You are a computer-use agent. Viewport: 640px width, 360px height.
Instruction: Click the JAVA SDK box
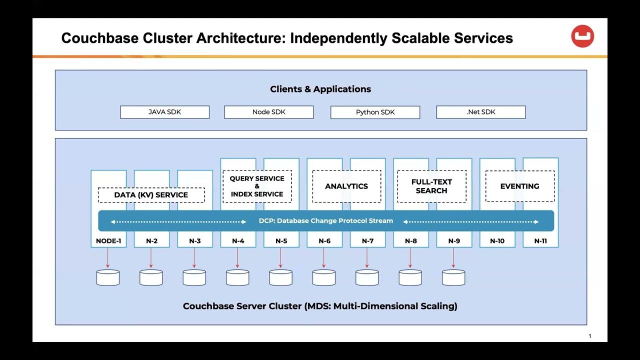pyautogui.click(x=164, y=112)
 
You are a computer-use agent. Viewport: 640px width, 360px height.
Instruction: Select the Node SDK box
pyautogui.click(x=268, y=112)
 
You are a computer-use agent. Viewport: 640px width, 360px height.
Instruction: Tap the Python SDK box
pyautogui.click(x=375, y=112)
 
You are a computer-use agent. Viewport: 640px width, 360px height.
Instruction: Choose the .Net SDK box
pyautogui.click(x=480, y=112)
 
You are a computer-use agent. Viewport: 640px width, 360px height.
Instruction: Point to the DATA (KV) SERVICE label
pyautogui.click(x=151, y=195)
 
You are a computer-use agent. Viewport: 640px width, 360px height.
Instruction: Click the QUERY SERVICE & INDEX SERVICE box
pyautogui.click(x=257, y=186)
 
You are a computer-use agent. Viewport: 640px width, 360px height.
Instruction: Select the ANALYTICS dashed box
pyautogui.click(x=346, y=186)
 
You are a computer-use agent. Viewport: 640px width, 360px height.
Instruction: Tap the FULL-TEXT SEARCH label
pyautogui.click(x=431, y=186)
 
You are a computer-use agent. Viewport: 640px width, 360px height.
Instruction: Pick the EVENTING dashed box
pyautogui.click(x=519, y=186)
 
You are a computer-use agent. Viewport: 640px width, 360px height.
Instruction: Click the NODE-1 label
pyautogui.click(x=108, y=241)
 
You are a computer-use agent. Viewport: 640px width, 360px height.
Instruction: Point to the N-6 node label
pyautogui.click(x=324, y=241)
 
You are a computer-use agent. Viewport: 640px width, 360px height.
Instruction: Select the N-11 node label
pyautogui.click(x=540, y=241)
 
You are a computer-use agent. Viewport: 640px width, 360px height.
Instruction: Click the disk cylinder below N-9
pyautogui.click(x=453, y=277)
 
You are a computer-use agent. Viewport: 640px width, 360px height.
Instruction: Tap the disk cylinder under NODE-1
pyautogui.click(x=108, y=277)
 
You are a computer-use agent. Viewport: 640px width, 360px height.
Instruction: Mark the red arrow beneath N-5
pyautogui.click(x=280, y=257)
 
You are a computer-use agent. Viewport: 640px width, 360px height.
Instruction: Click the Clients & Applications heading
pyautogui.click(x=320, y=89)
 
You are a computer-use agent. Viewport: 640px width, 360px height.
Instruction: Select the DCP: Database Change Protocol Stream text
pyautogui.click(x=325, y=220)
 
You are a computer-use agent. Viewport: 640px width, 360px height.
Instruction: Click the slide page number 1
pyautogui.click(x=589, y=336)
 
